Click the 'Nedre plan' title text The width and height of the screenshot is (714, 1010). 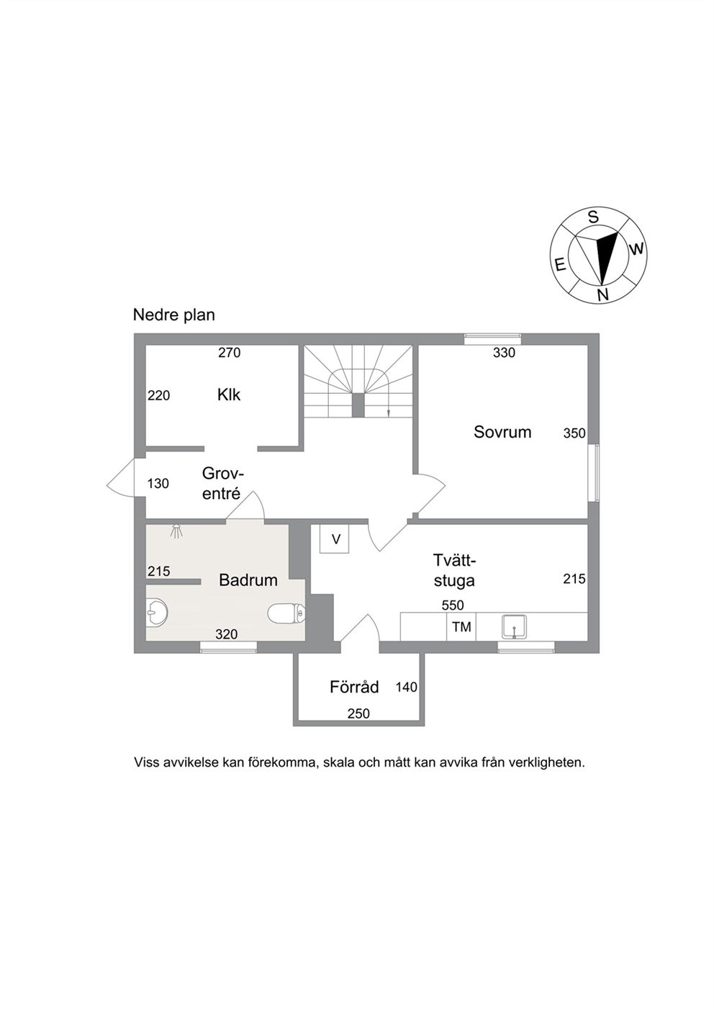point(173,315)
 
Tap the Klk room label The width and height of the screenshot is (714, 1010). point(229,395)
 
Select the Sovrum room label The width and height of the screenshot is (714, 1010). point(502,432)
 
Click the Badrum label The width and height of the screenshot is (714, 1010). point(248,580)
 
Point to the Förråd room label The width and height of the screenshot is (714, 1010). point(354,687)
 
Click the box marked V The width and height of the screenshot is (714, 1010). point(335,538)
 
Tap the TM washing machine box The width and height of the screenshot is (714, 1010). point(461,627)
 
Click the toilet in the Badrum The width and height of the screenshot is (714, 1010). point(286,613)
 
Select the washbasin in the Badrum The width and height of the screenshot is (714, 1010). point(157,613)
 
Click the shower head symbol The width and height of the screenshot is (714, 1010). point(176,531)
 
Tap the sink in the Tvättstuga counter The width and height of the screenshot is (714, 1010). point(515,626)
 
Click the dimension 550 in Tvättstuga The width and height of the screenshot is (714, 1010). point(453,605)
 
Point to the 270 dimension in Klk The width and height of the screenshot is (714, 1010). point(230,353)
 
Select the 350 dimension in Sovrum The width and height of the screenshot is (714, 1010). point(574,433)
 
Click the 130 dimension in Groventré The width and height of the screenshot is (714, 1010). point(158,484)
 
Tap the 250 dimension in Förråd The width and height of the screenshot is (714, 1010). point(358,713)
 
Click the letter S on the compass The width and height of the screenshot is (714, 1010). point(594,217)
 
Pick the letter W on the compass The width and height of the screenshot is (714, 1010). point(636,248)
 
